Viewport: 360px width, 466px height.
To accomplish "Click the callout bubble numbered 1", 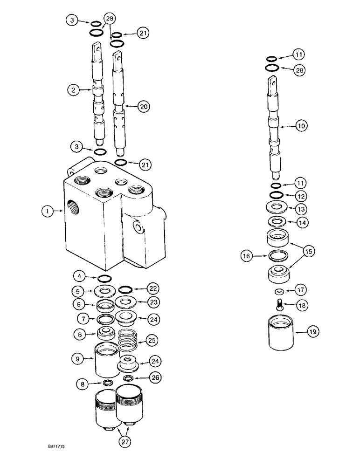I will [x=46, y=212].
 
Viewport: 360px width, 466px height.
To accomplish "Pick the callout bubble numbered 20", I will [x=144, y=107].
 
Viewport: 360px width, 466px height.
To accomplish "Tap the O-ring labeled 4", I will [x=105, y=278].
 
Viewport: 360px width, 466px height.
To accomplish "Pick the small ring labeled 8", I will [x=107, y=383].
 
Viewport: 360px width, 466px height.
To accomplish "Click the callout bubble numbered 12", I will [x=301, y=194].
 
